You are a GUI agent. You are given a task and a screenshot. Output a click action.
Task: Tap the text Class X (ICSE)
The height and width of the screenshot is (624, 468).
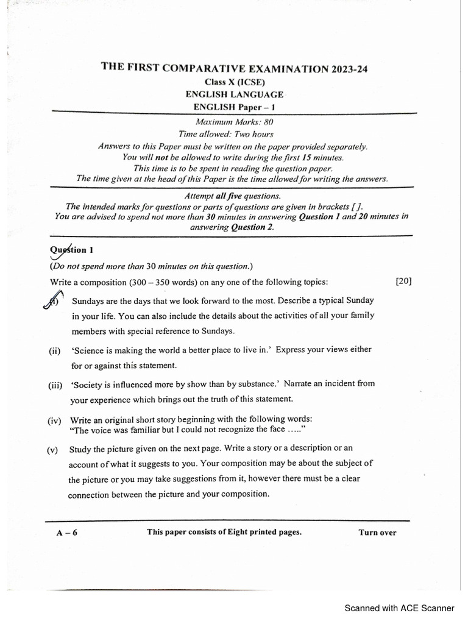tap(235, 82)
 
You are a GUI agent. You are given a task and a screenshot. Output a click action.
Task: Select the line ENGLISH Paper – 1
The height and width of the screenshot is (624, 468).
tap(235, 107)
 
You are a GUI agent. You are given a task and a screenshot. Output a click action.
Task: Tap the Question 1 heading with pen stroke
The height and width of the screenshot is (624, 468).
tap(72, 250)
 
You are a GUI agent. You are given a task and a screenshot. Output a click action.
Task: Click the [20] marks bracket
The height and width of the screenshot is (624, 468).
tap(403, 281)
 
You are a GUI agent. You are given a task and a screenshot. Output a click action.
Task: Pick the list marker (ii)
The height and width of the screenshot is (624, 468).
tap(55, 351)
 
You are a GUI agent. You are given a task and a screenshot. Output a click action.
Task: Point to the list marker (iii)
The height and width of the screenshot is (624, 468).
tap(56, 385)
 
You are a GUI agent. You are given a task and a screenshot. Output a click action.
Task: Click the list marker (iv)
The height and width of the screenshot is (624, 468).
tap(55, 420)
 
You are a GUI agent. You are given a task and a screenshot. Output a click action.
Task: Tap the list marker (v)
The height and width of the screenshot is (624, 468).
tap(54, 450)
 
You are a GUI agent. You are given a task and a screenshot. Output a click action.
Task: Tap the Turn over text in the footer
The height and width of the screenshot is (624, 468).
tap(377, 533)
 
